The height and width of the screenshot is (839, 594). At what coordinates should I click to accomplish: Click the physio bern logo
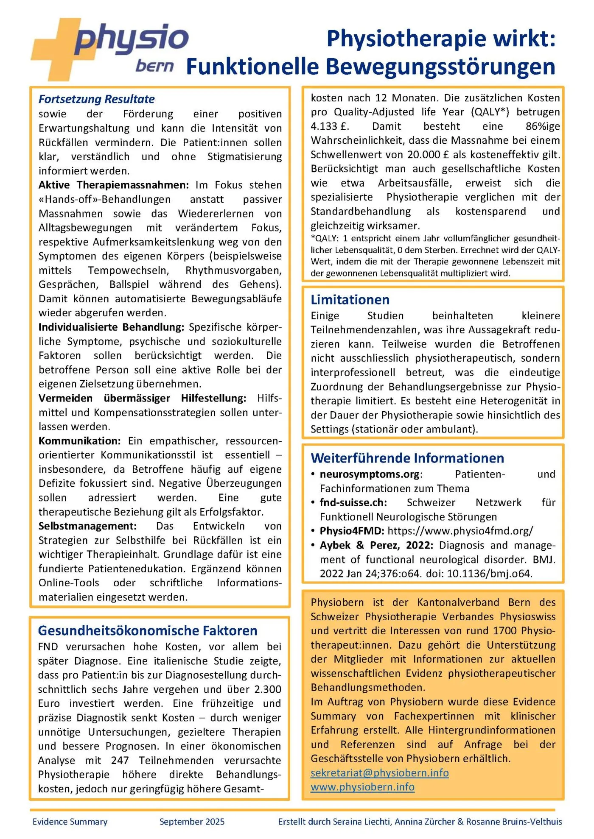tap(109, 49)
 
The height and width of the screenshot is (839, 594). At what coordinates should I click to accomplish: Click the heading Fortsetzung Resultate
tap(97, 99)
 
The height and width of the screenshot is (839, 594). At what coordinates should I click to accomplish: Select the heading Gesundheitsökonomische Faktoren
tap(148, 630)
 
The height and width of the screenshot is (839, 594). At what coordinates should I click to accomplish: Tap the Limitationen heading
tap(350, 300)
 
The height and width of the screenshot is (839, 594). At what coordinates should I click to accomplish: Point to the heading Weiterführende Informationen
tap(407, 458)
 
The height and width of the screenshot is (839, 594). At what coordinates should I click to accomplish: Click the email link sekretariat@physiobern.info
tap(380, 773)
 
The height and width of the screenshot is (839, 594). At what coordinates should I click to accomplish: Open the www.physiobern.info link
tap(362, 787)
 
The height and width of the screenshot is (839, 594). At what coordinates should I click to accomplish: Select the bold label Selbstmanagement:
tap(87, 526)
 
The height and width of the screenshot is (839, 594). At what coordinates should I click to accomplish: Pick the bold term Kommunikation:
tap(80, 441)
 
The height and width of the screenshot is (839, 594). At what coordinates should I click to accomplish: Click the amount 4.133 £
tap(330, 126)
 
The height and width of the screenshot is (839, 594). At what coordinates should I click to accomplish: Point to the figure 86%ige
tap(543, 126)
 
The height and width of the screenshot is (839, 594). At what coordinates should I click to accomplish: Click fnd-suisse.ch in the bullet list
tap(353, 502)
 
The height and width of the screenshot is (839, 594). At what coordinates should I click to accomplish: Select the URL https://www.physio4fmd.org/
tap(460, 531)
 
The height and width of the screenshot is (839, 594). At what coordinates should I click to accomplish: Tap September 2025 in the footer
tap(192, 822)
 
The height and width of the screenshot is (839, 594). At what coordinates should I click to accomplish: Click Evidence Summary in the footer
tap(70, 822)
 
